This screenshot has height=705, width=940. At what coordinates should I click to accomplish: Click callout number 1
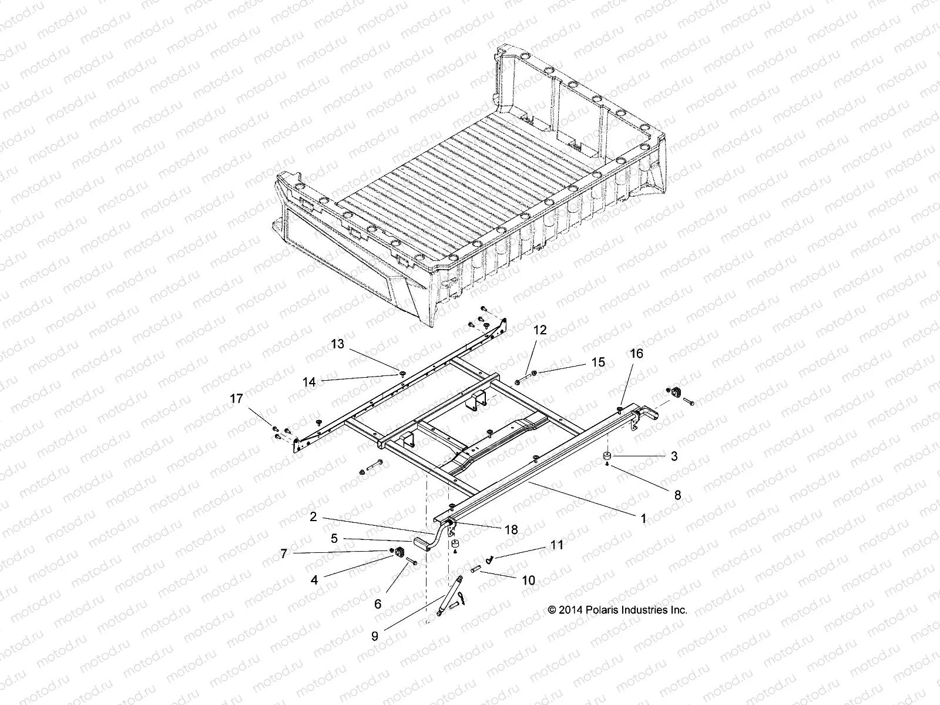643,518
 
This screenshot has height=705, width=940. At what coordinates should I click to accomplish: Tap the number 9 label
375,635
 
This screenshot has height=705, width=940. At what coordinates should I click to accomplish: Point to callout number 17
236,399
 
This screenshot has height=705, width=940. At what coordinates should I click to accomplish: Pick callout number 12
540,330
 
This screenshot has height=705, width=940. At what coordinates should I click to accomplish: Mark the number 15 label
598,362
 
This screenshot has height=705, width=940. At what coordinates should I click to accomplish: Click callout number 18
511,529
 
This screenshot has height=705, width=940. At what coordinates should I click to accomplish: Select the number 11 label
556,545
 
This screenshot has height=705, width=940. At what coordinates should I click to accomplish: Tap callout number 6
378,603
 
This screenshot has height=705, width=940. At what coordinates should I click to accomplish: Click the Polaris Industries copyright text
617,610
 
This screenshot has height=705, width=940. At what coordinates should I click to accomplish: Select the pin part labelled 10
476,568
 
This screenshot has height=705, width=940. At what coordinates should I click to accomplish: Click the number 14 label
309,382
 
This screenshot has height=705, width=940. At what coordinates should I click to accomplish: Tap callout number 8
677,495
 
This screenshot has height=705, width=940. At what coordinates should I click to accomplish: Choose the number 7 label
284,553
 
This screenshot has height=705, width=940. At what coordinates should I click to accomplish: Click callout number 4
314,580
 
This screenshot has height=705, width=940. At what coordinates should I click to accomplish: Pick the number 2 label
313,516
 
